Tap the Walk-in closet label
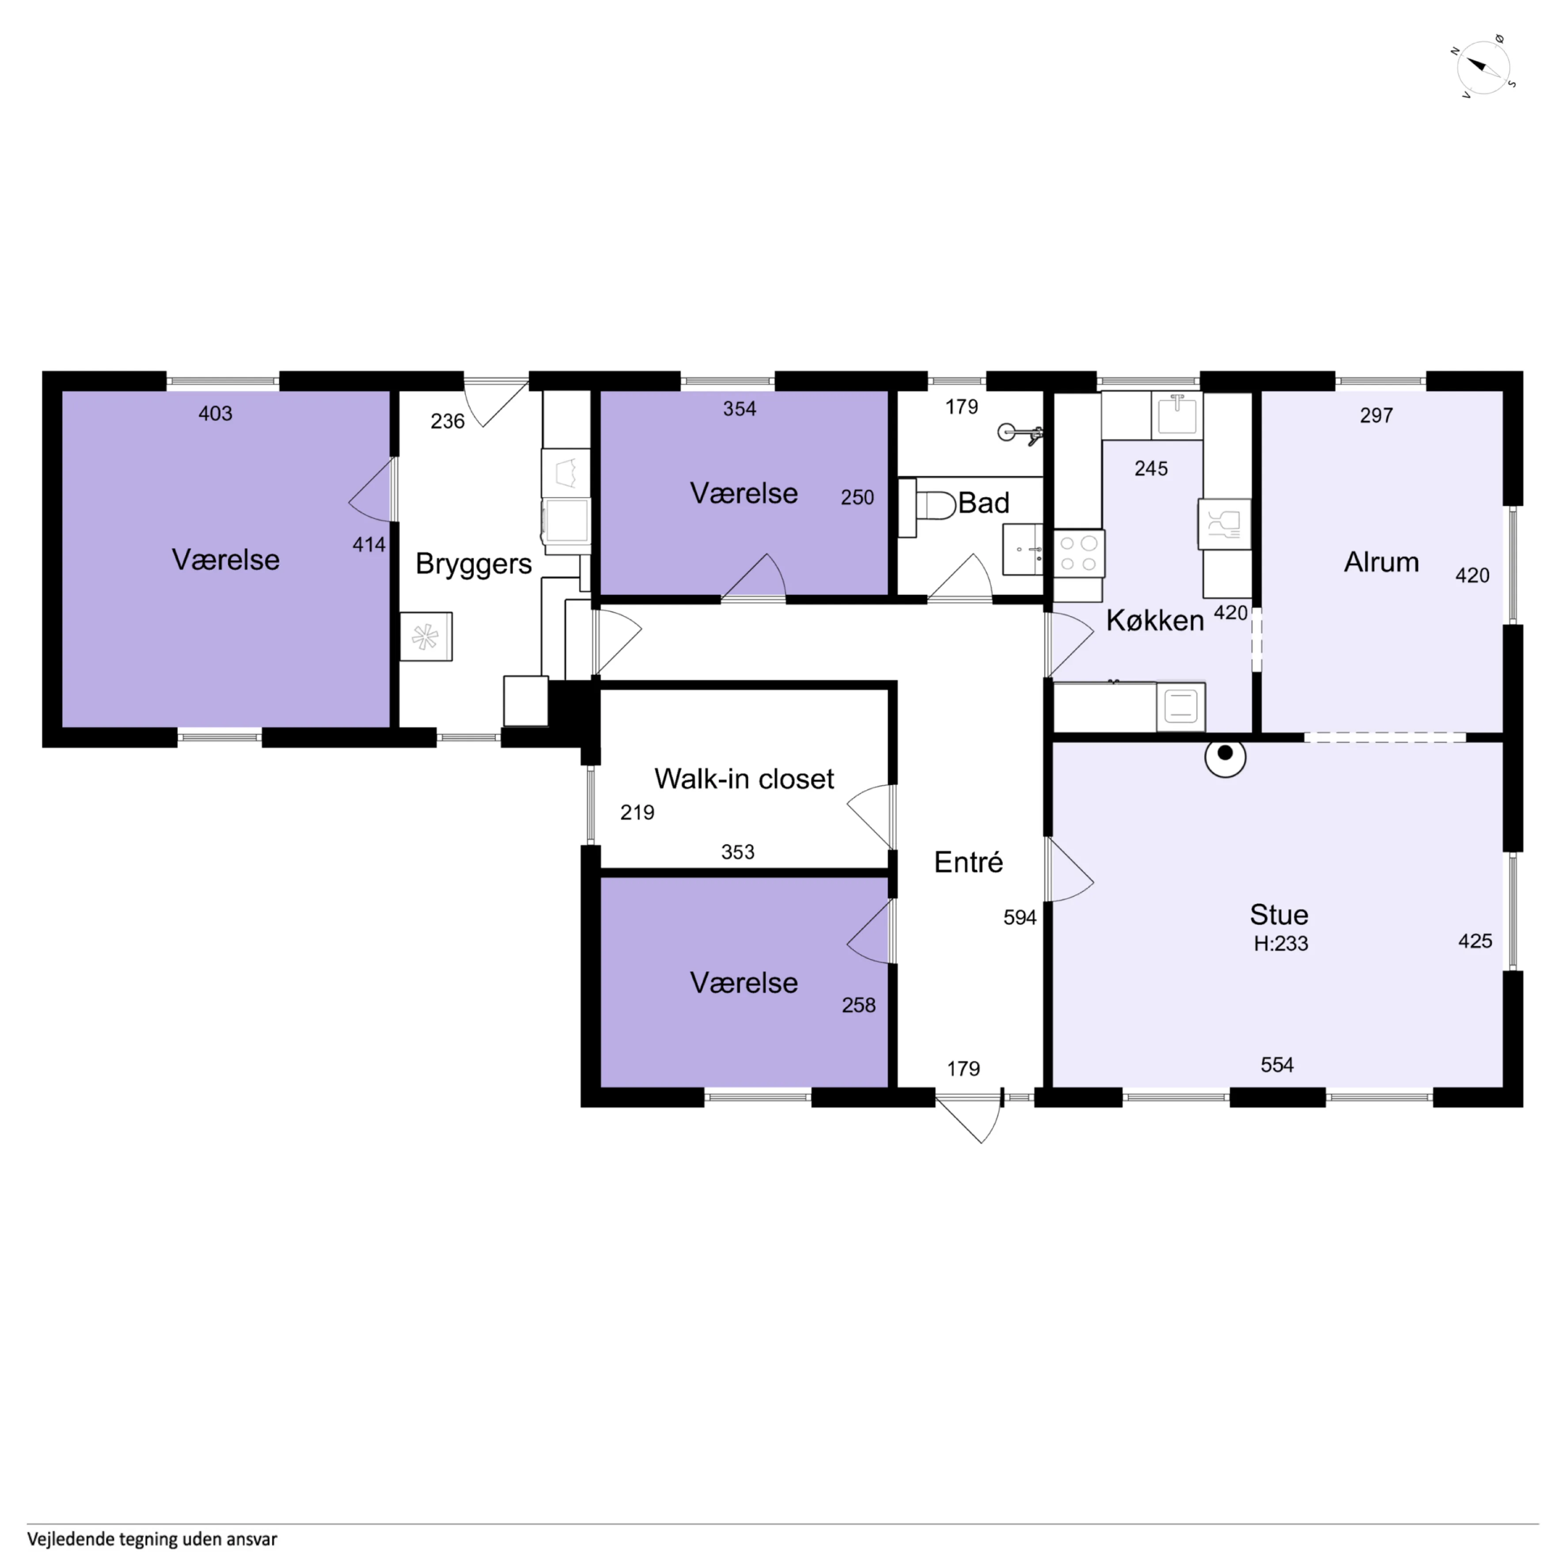[x=744, y=779]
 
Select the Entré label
[x=968, y=862]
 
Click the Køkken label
[x=1155, y=621]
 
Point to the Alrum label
[x=1381, y=562]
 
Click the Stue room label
[x=1279, y=914]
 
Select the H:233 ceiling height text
[x=1281, y=943]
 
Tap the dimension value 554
[x=1277, y=1065]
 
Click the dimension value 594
[x=1020, y=918]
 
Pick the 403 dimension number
[x=215, y=414]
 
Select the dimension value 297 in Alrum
[x=1377, y=415]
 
